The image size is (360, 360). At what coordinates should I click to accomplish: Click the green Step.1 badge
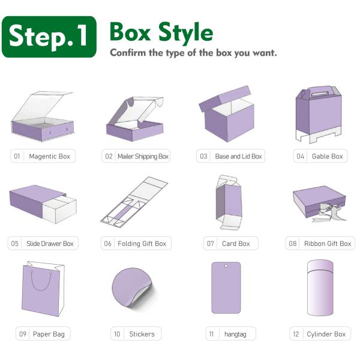49,37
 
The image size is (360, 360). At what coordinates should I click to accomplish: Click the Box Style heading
161,33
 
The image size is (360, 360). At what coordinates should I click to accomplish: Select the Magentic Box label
49,157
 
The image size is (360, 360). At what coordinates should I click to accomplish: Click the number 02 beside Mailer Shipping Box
109,157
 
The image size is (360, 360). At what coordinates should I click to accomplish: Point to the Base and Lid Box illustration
227,113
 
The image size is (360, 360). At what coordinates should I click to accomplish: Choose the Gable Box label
327,157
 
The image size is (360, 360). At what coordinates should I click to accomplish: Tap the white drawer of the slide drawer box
59,209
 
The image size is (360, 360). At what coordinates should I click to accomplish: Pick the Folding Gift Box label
142,244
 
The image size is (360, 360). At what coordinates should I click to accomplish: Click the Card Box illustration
229,202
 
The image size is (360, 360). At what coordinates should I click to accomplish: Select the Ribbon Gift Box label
328,244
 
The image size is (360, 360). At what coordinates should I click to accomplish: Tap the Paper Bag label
49,334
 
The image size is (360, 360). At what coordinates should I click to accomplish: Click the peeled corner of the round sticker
140,296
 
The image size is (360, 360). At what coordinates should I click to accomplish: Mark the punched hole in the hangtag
226,266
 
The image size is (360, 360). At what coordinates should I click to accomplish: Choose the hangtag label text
235,334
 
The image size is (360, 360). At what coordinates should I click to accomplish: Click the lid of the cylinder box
320,266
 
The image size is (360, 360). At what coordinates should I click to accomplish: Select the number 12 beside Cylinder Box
296,334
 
